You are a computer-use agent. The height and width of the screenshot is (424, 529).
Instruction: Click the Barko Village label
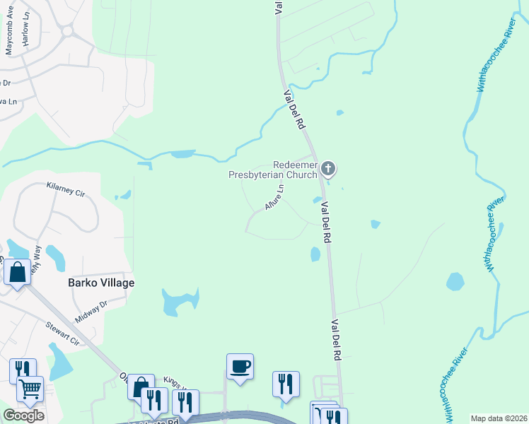100,283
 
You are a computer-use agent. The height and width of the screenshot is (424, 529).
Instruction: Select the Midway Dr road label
91,309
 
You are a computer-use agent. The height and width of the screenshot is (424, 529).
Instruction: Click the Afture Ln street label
274,197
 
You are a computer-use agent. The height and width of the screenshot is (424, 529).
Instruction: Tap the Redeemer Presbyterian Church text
273,169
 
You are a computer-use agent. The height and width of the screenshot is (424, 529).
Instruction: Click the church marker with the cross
327,168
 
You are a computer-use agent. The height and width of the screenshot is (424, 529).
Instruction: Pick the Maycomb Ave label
10,40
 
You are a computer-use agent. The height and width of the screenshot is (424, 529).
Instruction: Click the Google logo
23,415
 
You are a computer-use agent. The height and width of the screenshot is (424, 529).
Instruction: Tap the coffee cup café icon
240,366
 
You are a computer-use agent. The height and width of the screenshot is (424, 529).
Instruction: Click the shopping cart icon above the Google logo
30,389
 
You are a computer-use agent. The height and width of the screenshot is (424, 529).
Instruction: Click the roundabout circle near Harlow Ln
68,31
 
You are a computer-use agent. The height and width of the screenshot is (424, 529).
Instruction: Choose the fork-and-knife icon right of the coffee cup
286,384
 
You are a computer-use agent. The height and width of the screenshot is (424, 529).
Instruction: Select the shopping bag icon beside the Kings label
140,386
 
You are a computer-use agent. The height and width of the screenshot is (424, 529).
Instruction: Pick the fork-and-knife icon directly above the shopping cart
22,370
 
